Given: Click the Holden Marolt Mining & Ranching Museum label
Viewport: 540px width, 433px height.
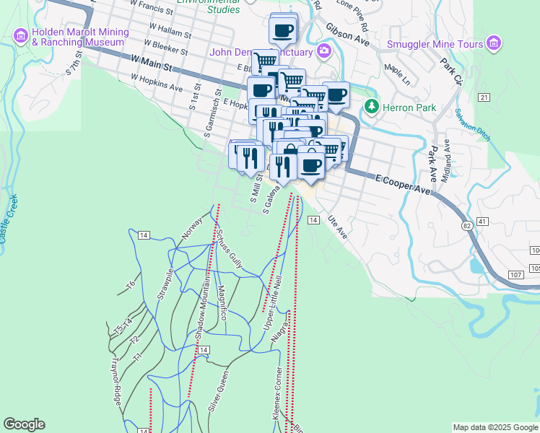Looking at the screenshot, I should tap(80, 37).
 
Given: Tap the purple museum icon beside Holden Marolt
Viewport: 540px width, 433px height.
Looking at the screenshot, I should tap(20, 34).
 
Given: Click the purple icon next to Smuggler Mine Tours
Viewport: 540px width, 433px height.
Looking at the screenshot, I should tap(494, 43).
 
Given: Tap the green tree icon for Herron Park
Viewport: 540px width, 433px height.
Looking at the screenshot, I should tap(371, 107).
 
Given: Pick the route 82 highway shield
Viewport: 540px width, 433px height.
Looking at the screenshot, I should tap(468, 227).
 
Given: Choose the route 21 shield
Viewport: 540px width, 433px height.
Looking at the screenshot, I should tap(484, 97).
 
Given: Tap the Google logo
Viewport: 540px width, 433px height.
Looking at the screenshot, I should tap(24, 424).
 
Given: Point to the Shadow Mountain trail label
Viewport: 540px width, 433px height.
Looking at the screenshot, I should tap(201, 306).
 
